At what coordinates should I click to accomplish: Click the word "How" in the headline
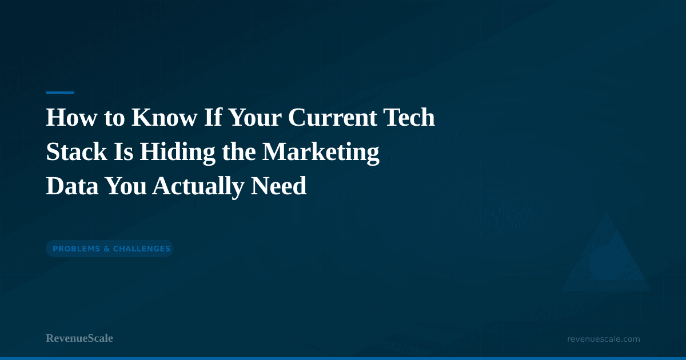[71, 117]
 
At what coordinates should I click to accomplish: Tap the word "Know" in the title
[165, 117]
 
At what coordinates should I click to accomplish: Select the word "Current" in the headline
[332, 117]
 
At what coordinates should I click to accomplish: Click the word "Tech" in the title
[409, 117]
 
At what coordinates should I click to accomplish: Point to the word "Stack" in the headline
[76, 151]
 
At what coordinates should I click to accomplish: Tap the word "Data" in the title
[72, 186]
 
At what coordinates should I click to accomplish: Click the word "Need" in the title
[278, 186]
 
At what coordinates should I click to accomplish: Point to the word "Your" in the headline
[255, 117]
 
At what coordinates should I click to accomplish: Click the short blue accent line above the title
[60, 93]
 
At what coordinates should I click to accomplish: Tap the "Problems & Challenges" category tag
[110, 249]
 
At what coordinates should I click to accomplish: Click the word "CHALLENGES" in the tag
[142, 249]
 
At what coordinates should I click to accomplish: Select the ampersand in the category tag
[106, 249]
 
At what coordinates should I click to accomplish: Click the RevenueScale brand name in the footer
[79, 338]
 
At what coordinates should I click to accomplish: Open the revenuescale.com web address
[603, 339]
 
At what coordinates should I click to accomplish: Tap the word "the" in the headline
[239, 151]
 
